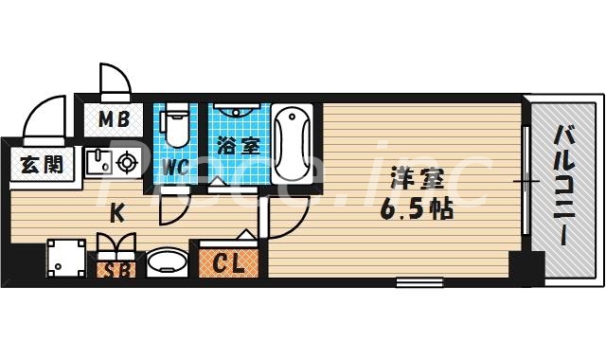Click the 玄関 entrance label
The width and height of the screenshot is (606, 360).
(42, 164)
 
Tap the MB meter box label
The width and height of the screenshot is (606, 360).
(116, 120)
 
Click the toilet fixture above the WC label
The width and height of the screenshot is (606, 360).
(175, 128)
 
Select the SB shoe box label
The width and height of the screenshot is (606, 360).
(116, 269)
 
